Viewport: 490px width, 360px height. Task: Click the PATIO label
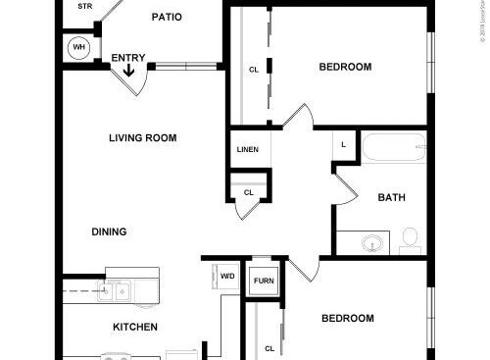(x=167, y=17)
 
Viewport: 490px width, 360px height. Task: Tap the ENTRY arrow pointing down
(x=128, y=70)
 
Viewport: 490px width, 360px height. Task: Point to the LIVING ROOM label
(x=142, y=138)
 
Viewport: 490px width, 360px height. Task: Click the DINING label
(x=110, y=232)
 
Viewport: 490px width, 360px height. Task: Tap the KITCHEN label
(x=135, y=327)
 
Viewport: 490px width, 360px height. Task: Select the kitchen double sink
(x=115, y=289)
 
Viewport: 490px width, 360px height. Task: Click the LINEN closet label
(x=248, y=150)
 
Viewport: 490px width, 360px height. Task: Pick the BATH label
(x=392, y=197)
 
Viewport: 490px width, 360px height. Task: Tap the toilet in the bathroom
(x=410, y=238)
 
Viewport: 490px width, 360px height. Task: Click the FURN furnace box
(x=264, y=281)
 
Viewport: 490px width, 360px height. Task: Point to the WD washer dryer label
(x=227, y=277)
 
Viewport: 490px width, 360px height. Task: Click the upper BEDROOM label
(x=345, y=67)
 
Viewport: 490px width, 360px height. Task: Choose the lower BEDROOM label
(x=348, y=319)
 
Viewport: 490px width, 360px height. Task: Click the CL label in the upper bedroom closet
(x=254, y=70)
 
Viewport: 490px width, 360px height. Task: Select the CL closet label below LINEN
(x=248, y=192)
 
